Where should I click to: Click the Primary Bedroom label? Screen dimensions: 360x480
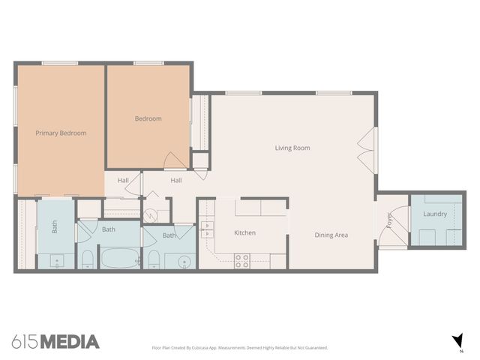61,133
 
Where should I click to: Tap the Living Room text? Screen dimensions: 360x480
292,148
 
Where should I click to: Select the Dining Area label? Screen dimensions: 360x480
331,235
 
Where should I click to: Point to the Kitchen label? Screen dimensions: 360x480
244,232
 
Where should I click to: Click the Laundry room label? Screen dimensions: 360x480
435,214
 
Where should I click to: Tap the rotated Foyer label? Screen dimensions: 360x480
388,220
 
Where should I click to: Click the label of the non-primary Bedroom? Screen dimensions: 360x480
148,118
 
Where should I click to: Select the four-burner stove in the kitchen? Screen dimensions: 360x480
242,260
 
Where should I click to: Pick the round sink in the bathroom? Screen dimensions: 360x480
182,262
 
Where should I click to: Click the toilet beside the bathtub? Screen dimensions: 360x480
88,259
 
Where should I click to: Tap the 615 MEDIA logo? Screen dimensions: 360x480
55,342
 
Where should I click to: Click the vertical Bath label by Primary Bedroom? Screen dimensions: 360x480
55,226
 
